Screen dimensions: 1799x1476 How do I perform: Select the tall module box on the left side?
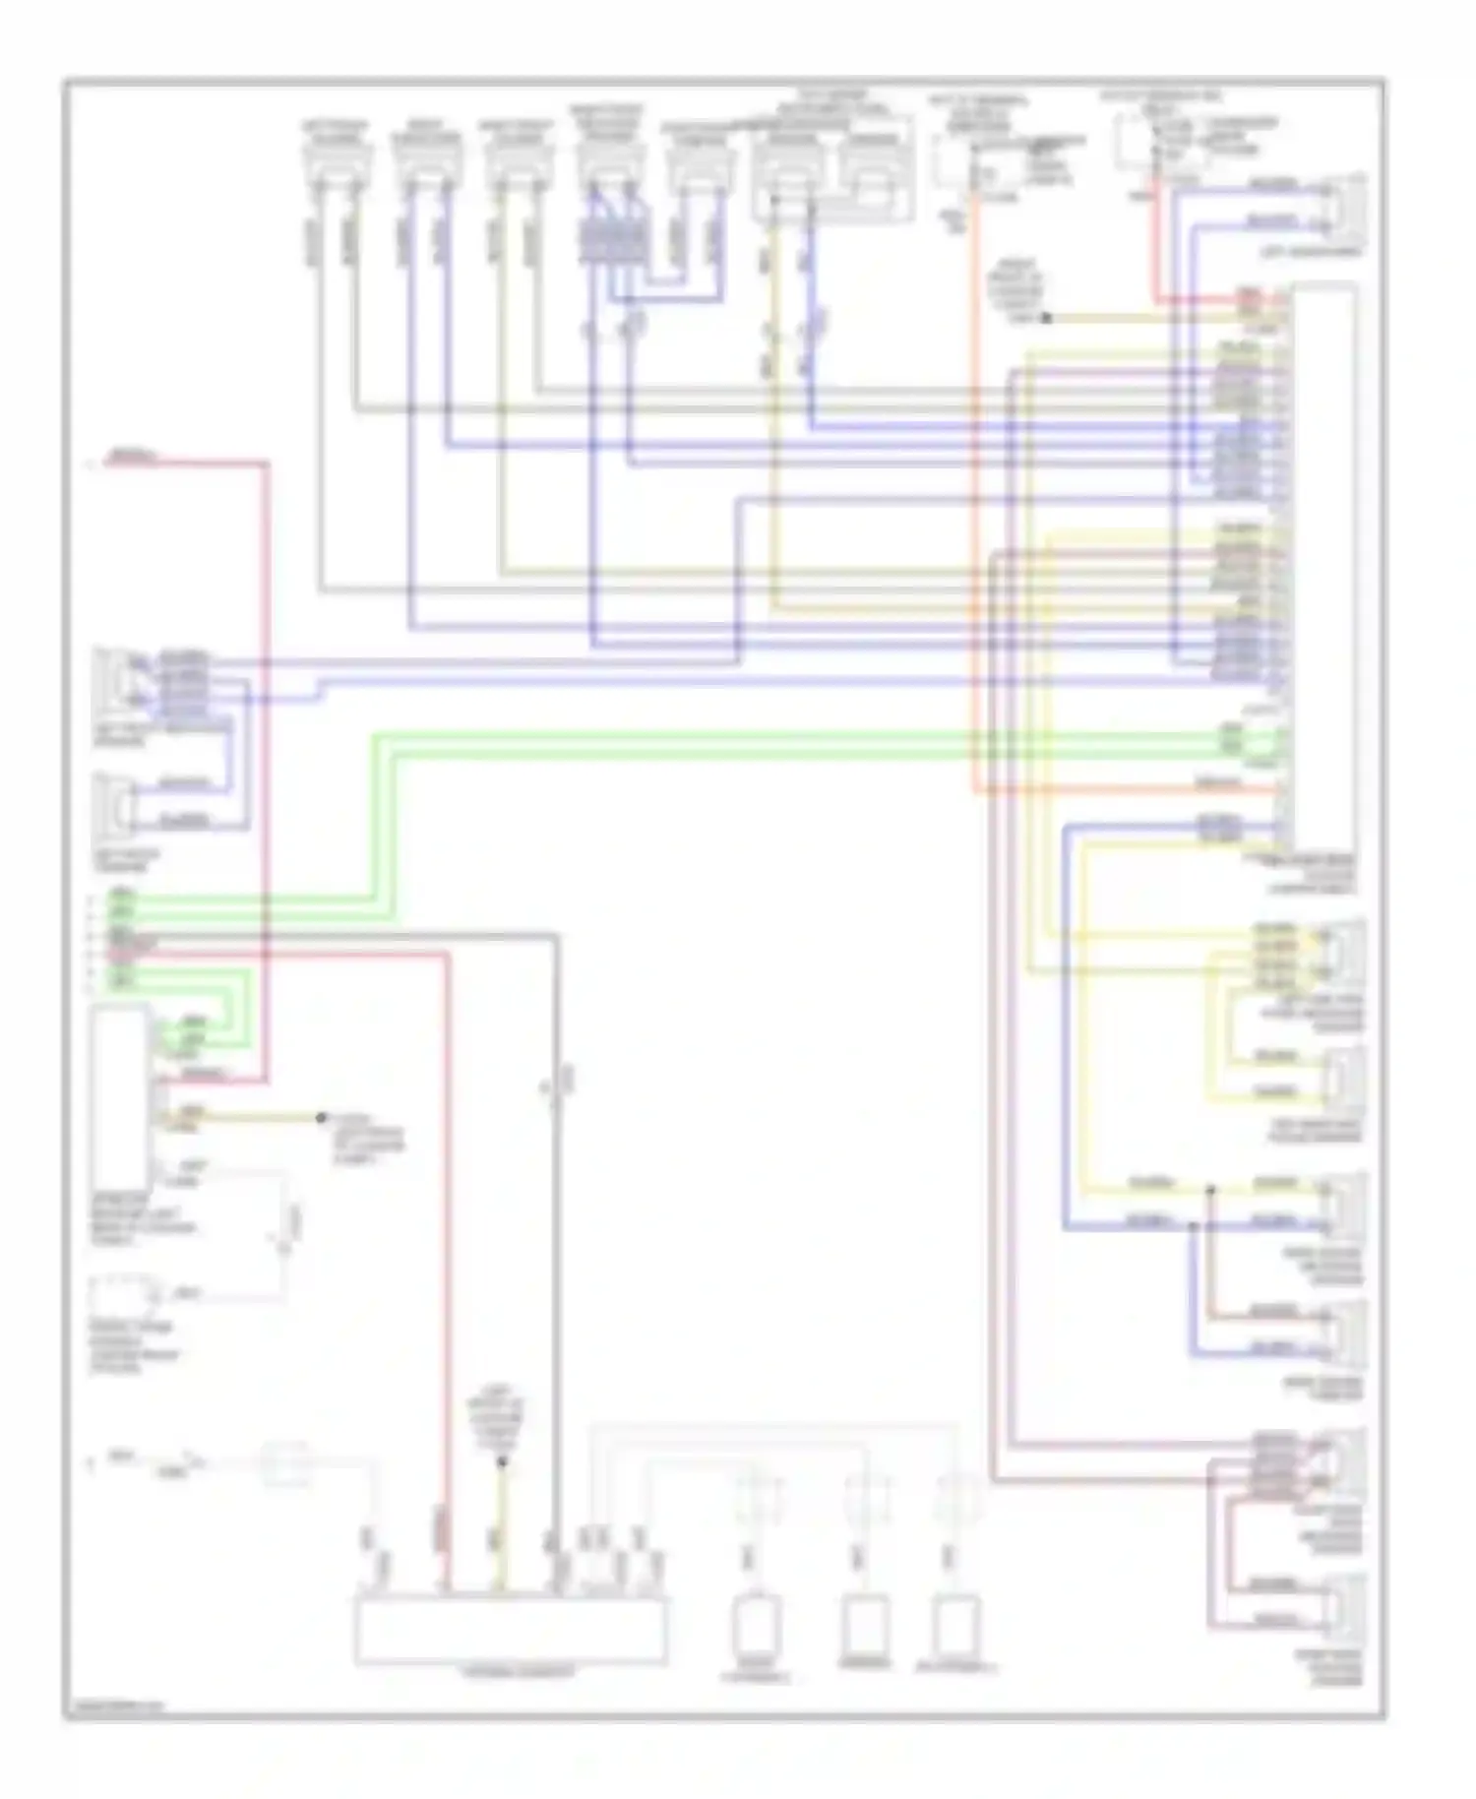click(120, 1097)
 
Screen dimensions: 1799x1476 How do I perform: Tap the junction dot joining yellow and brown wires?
click(1211, 1189)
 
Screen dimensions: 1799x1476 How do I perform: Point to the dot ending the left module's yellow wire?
click(320, 1118)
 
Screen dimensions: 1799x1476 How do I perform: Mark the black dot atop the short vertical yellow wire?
click(501, 1462)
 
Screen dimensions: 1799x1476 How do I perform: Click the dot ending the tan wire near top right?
click(1046, 319)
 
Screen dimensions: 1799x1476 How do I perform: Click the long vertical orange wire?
click(974, 492)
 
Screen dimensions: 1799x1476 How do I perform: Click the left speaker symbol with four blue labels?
click(115, 679)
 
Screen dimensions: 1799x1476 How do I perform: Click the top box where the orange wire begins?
click(969, 157)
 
